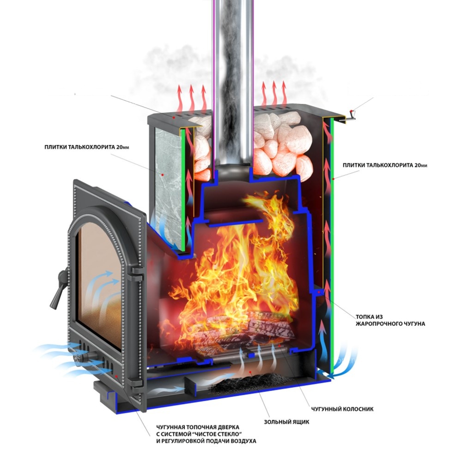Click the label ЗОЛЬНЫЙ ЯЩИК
point(286,422)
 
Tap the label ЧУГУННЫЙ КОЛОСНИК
point(342,409)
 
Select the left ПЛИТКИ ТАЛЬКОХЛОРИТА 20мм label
point(87,147)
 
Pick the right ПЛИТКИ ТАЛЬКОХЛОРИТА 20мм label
point(385,165)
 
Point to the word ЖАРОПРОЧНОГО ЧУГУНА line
point(390,324)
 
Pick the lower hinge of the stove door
point(137,383)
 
